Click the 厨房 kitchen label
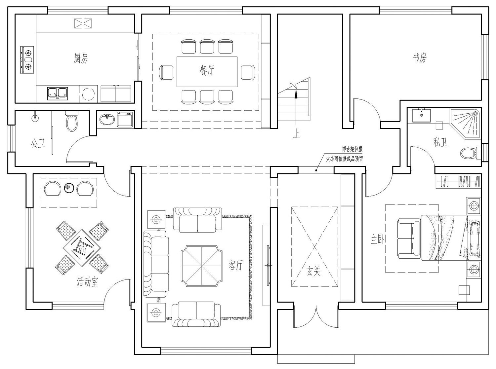tap(81, 58)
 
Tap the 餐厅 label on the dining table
tap(207, 70)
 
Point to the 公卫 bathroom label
tap(38, 143)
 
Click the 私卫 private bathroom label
tap(440, 142)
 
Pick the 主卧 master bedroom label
tap(378, 240)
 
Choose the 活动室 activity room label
tap(87, 282)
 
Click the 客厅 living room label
tap(235, 266)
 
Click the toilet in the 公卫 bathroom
tap(72, 121)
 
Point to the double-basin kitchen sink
tap(58, 93)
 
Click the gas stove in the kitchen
tap(27, 60)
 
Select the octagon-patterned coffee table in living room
tap(202, 266)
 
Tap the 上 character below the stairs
tap(297, 134)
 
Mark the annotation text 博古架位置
tap(352, 149)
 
